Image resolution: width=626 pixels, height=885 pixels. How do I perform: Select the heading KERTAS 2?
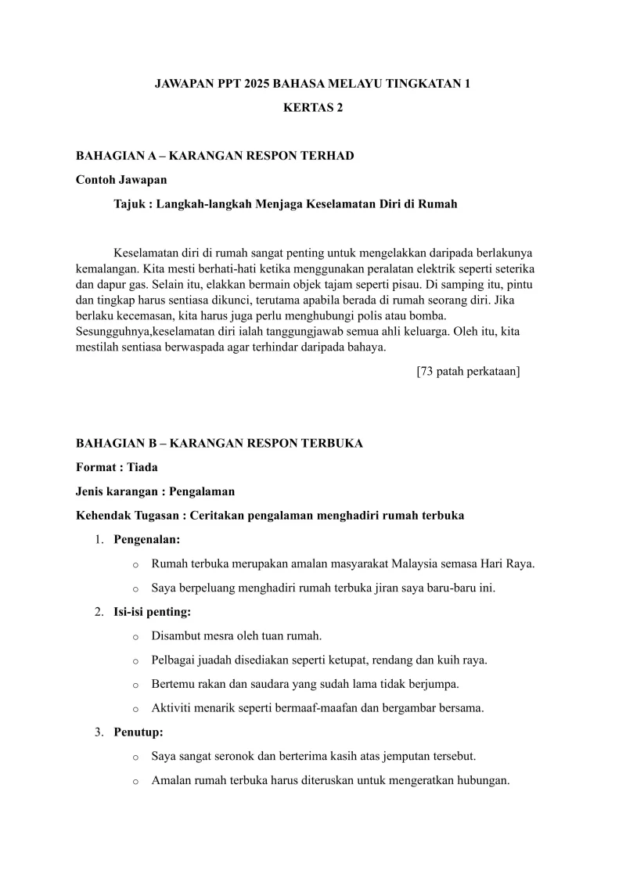(313, 108)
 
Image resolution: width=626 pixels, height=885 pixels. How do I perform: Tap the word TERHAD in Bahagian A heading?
(331, 156)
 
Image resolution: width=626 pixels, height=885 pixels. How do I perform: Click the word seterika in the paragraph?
(513, 268)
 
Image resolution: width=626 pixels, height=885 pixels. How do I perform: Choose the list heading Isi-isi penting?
(153, 612)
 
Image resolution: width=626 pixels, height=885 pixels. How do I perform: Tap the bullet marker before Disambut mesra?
(135, 636)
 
